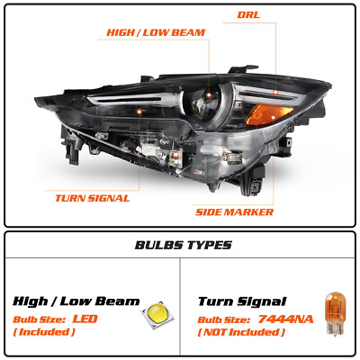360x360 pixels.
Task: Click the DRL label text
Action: [248, 14]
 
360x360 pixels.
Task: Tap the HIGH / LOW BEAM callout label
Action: [156, 32]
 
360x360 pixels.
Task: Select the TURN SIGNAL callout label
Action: [93, 198]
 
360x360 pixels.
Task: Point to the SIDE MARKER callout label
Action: [234, 212]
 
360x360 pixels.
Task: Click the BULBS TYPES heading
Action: [184, 245]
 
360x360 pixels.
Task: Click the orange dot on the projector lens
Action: [209, 95]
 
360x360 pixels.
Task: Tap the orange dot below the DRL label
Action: [275, 92]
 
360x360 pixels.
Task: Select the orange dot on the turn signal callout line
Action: [139, 112]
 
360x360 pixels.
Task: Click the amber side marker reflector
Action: [268, 114]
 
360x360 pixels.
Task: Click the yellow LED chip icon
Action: [157, 314]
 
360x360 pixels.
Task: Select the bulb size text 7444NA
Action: [285, 319]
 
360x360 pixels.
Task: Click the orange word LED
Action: [85, 319]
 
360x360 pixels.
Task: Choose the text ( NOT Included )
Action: [241, 332]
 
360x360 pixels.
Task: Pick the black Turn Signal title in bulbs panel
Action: [242, 301]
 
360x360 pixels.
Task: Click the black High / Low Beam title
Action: [76, 301]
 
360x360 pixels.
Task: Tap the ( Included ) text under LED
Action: [44, 332]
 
